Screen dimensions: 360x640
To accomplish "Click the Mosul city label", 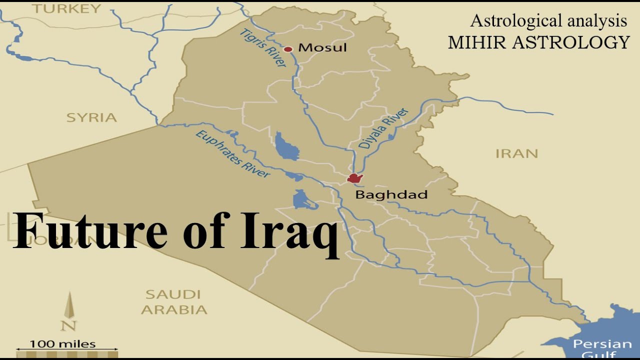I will pyautogui.click(x=322, y=48).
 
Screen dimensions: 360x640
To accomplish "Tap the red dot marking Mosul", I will pyautogui.click(x=288, y=49).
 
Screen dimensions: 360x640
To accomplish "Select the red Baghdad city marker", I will pyautogui.click(x=354, y=178).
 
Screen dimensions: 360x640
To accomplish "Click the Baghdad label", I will pyautogui.click(x=391, y=194).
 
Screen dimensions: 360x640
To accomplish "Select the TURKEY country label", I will pyautogui.click(x=66, y=8).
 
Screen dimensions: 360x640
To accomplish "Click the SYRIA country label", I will pyautogui.click(x=91, y=117).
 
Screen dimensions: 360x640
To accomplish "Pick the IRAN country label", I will pyautogui.click(x=516, y=153).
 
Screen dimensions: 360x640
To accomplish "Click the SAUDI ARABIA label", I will pyautogui.click(x=173, y=301).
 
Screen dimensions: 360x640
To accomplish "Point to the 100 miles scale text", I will pyautogui.click(x=62, y=344).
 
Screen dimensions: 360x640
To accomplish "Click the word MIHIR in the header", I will pyautogui.click(x=479, y=42).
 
